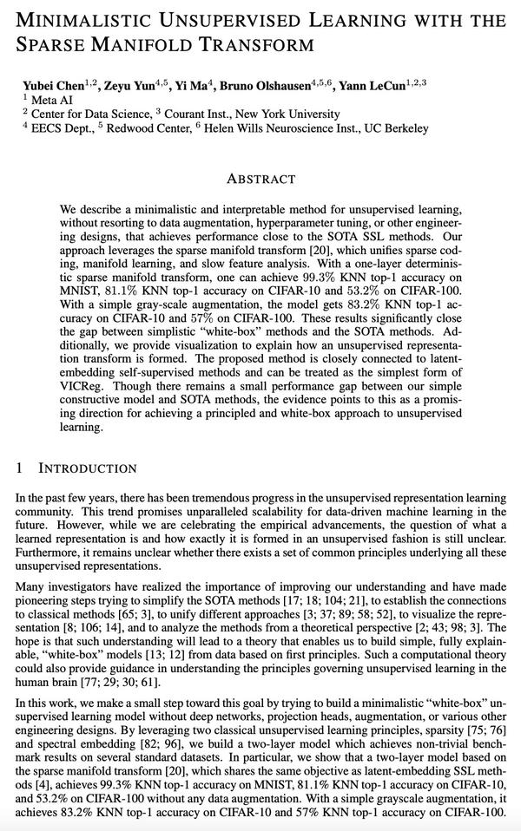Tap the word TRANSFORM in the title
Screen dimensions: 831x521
(x=252, y=43)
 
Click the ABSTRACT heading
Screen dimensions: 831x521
(x=260, y=180)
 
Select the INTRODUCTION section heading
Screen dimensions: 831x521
(x=88, y=468)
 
